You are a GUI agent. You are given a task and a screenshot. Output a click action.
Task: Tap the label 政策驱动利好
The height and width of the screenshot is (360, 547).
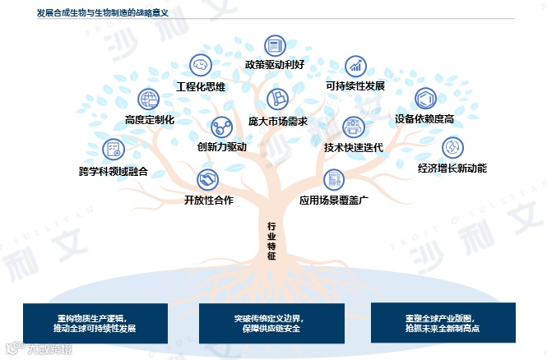click(x=274, y=64)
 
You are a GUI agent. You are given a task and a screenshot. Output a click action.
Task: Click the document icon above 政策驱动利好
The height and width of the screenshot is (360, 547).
click(x=274, y=45)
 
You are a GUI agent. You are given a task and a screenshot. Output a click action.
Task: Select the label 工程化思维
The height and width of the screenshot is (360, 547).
click(x=201, y=85)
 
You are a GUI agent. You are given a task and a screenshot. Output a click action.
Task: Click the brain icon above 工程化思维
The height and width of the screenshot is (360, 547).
click(x=200, y=65)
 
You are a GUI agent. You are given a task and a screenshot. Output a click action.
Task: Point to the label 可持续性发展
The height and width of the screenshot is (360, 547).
click(x=355, y=85)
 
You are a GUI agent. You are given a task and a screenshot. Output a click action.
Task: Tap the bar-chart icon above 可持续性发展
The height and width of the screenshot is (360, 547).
click(x=355, y=65)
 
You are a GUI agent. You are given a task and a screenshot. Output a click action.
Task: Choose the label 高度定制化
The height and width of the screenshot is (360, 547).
click(x=150, y=120)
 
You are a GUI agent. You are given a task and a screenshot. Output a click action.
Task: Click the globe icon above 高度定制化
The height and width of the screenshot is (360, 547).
click(x=149, y=99)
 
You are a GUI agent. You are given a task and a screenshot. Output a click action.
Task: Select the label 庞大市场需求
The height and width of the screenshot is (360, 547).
click(x=277, y=120)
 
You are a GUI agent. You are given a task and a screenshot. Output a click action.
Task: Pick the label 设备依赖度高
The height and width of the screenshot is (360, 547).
click(x=424, y=119)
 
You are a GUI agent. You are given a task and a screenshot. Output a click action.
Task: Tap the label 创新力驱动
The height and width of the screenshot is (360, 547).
click(x=221, y=148)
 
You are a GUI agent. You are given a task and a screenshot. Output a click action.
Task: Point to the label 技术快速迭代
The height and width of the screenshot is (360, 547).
click(x=354, y=148)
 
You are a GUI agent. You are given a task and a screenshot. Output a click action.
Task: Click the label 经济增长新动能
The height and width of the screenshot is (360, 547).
click(x=452, y=168)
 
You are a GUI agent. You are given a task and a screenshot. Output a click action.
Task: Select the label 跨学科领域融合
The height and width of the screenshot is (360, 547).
click(x=114, y=171)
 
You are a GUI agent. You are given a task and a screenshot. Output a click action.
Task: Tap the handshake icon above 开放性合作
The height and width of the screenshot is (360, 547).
click(x=207, y=178)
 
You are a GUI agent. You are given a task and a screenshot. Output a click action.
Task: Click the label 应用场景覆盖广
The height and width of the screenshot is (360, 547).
click(x=332, y=199)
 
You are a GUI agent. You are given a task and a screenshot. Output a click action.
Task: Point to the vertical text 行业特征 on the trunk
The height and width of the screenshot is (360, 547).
click(x=272, y=240)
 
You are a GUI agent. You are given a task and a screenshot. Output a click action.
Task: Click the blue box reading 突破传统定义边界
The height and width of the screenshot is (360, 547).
click(x=272, y=323)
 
